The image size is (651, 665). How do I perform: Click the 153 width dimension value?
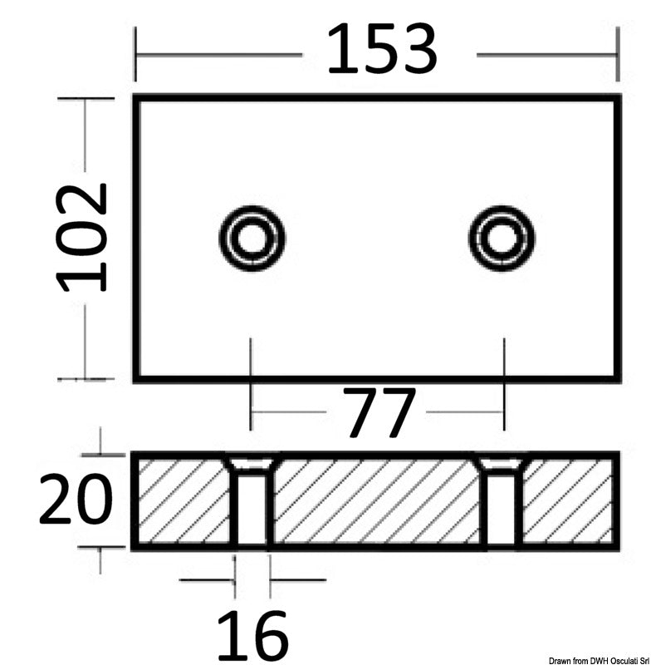click(x=381, y=50)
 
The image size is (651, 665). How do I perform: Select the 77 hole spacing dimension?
click(x=378, y=413)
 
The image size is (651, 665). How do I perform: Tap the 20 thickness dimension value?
click(x=75, y=500)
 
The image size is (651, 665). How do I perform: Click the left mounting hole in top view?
click(x=252, y=239)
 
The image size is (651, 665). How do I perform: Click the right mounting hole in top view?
click(x=502, y=239)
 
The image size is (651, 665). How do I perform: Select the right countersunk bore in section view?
click(x=502, y=501)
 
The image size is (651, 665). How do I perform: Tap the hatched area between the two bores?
click(x=378, y=501)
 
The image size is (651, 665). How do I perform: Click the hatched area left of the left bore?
click(x=181, y=501)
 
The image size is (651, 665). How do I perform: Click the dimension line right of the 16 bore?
click(x=297, y=579)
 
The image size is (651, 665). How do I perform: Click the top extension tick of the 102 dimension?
click(x=85, y=98)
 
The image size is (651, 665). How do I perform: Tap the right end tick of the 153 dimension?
click(x=617, y=55)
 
